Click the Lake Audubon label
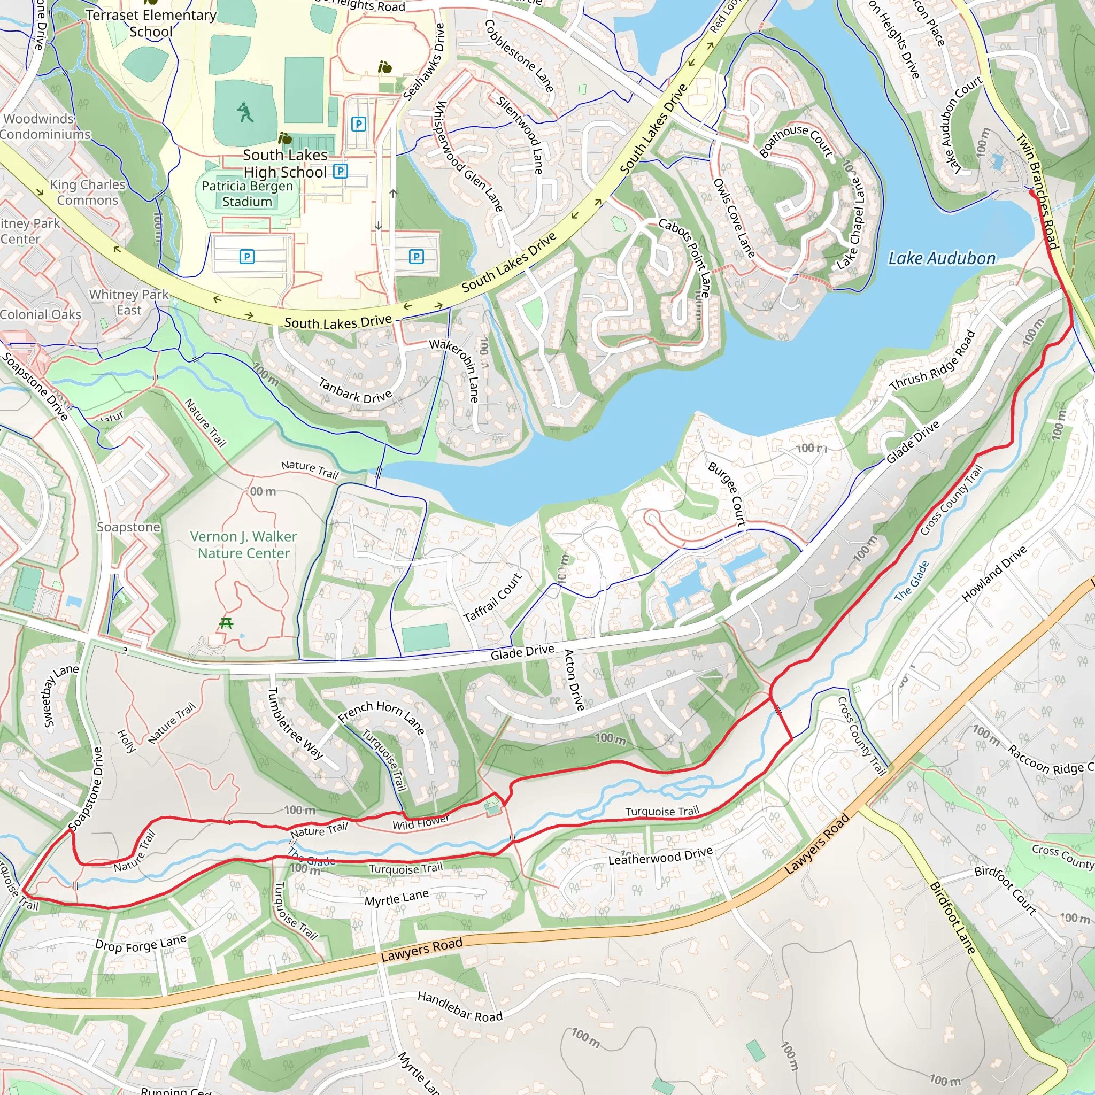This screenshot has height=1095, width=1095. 942,258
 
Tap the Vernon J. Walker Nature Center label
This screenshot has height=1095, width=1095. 243,545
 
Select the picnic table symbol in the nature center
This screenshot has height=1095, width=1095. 226,623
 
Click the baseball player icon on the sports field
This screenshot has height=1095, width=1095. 245,112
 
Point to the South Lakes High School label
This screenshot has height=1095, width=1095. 285,163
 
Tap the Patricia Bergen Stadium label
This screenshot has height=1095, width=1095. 247,194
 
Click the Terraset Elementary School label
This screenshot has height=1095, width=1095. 151,23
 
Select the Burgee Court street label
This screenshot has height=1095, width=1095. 727,493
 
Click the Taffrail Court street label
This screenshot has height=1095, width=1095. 492,597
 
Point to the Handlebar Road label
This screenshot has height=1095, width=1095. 460,1007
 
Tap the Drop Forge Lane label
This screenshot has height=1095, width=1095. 141,944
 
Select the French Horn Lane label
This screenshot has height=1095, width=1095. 381,716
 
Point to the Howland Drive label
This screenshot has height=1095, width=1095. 994,573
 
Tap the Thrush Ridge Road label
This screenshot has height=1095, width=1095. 932,360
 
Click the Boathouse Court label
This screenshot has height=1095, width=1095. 796,141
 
